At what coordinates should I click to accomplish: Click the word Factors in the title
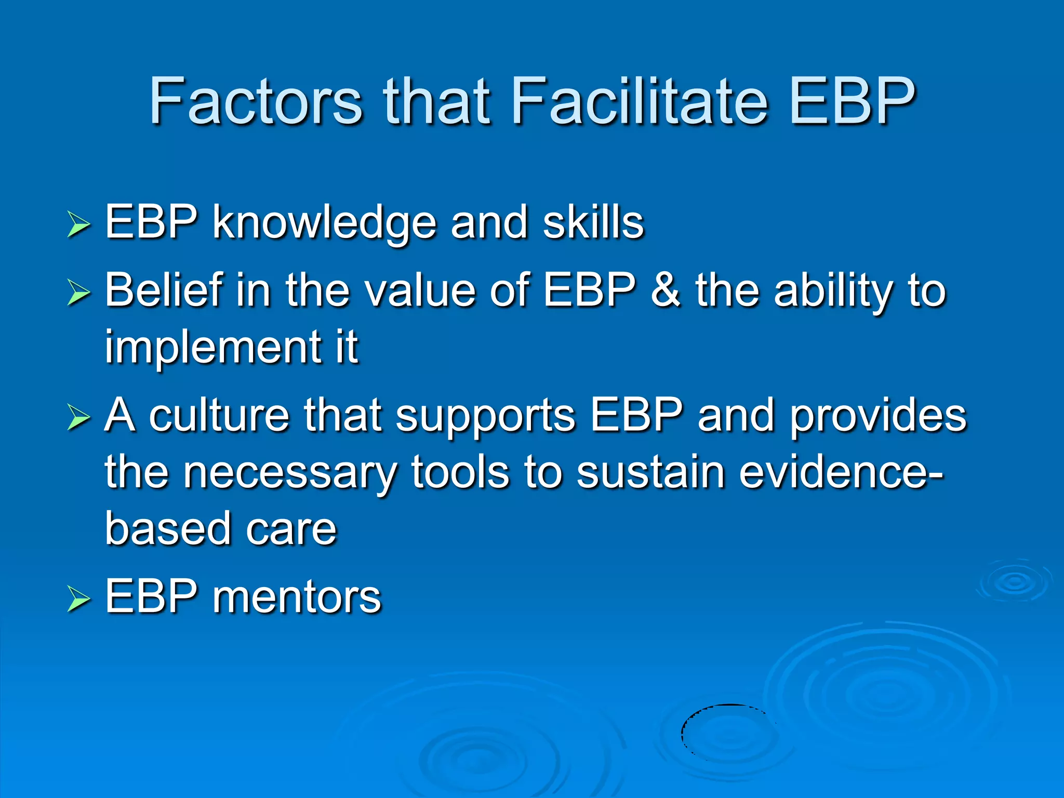click(255, 101)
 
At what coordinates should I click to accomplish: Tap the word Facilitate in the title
click(639, 101)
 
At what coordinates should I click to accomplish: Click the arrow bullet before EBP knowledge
click(78, 225)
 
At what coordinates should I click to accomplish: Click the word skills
click(593, 222)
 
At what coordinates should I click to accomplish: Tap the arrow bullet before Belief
click(78, 293)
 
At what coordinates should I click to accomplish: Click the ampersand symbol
click(665, 290)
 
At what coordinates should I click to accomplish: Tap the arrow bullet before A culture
click(78, 419)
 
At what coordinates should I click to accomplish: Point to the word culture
click(219, 416)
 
